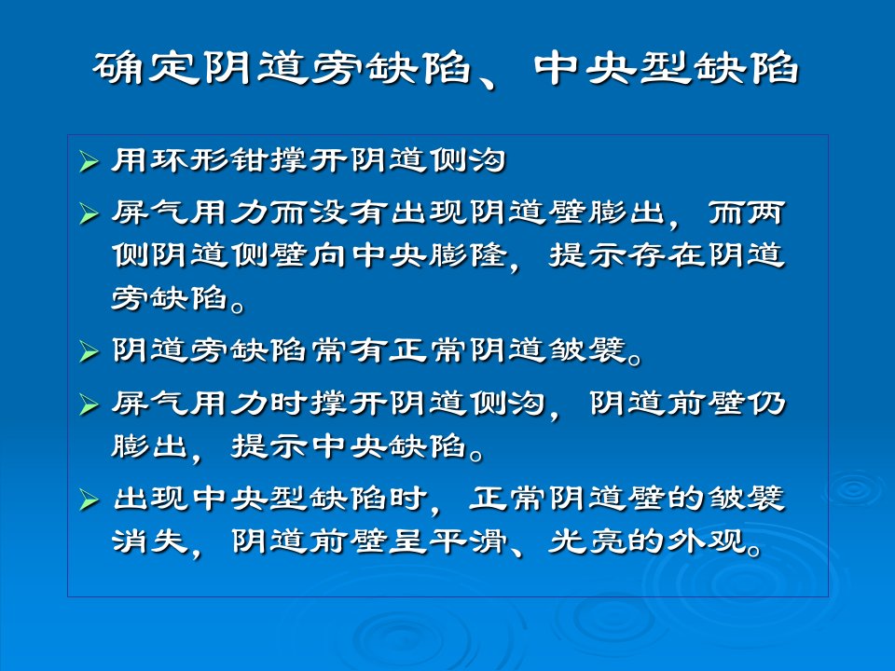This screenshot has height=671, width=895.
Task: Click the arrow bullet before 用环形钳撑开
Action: [x=89, y=161]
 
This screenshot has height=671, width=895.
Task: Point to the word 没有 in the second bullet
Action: [x=350, y=213]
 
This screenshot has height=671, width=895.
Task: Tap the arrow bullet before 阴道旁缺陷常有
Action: [x=89, y=351]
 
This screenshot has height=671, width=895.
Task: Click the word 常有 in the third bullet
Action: [x=350, y=349]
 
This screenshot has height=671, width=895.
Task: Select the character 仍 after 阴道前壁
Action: [x=766, y=404]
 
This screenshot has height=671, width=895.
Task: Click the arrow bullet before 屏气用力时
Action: [x=89, y=404]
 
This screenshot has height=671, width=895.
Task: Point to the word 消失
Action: [x=150, y=541]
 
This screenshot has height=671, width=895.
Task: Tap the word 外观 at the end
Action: [x=706, y=541]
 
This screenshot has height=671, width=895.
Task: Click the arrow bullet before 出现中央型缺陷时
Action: [x=89, y=500]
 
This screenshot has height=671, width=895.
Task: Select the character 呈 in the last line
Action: [x=408, y=541]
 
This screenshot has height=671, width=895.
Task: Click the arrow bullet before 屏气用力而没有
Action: [x=89, y=214]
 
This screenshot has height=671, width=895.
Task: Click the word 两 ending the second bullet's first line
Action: [x=766, y=213]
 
